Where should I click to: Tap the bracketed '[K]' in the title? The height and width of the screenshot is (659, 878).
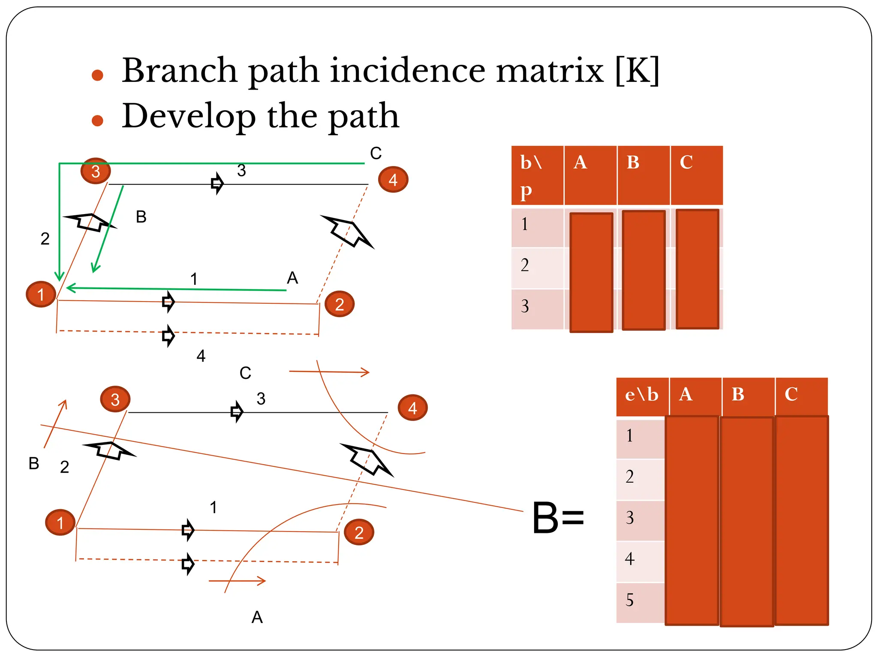click(637, 70)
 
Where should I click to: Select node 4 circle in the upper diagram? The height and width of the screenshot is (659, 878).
click(393, 180)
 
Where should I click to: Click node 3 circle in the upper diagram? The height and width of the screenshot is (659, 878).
click(96, 171)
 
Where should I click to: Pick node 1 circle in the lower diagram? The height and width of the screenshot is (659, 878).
click(60, 523)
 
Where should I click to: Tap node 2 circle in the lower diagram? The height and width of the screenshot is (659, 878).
click(359, 532)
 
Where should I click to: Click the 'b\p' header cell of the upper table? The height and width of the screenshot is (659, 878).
click(537, 175)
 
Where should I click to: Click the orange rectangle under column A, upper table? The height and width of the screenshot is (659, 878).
click(591, 272)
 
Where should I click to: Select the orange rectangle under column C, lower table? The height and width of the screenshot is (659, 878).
click(801, 520)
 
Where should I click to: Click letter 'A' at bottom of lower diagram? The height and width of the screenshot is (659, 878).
click(257, 617)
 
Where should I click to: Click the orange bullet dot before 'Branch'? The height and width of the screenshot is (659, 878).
click(98, 76)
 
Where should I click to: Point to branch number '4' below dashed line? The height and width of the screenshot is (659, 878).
click(201, 356)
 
